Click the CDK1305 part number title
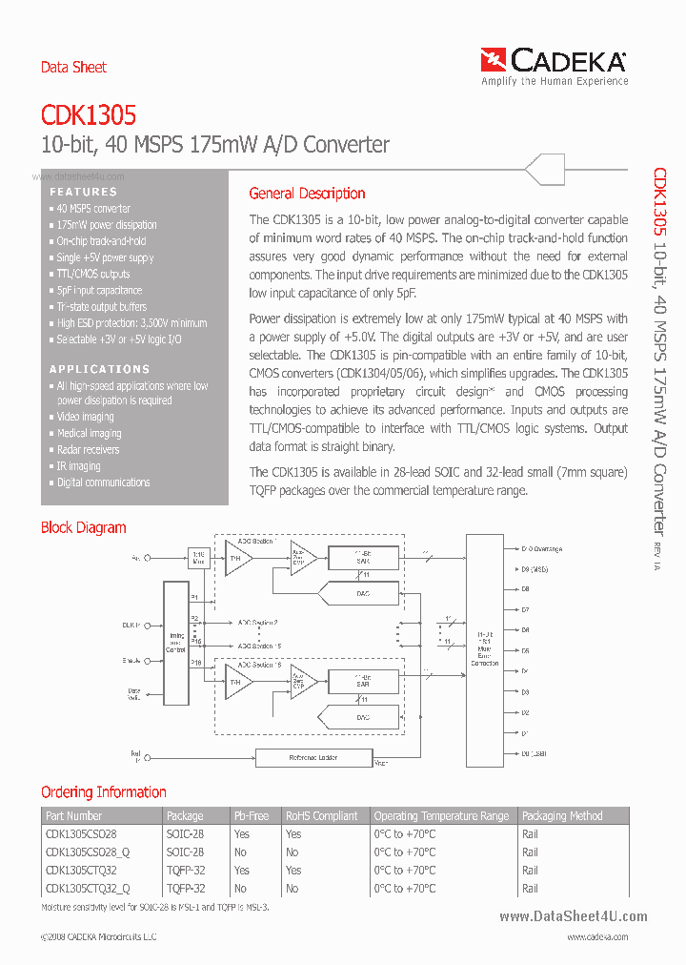click(x=88, y=115)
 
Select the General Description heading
click(x=307, y=194)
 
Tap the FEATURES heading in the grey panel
click(x=83, y=192)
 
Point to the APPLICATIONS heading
click(x=99, y=369)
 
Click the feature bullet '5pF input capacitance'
click(x=99, y=291)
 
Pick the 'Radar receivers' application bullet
click(x=88, y=450)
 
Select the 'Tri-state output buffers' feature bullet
click(x=101, y=307)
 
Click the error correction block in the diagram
click(x=484, y=650)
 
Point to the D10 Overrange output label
click(x=541, y=549)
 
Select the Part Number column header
click(x=73, y=816)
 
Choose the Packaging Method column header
click(x=562, y=816)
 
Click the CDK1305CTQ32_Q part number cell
click(x=87, y=888)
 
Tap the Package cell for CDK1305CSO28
click(x=185, y=833)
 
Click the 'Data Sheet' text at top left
click(x=73, y=68)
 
